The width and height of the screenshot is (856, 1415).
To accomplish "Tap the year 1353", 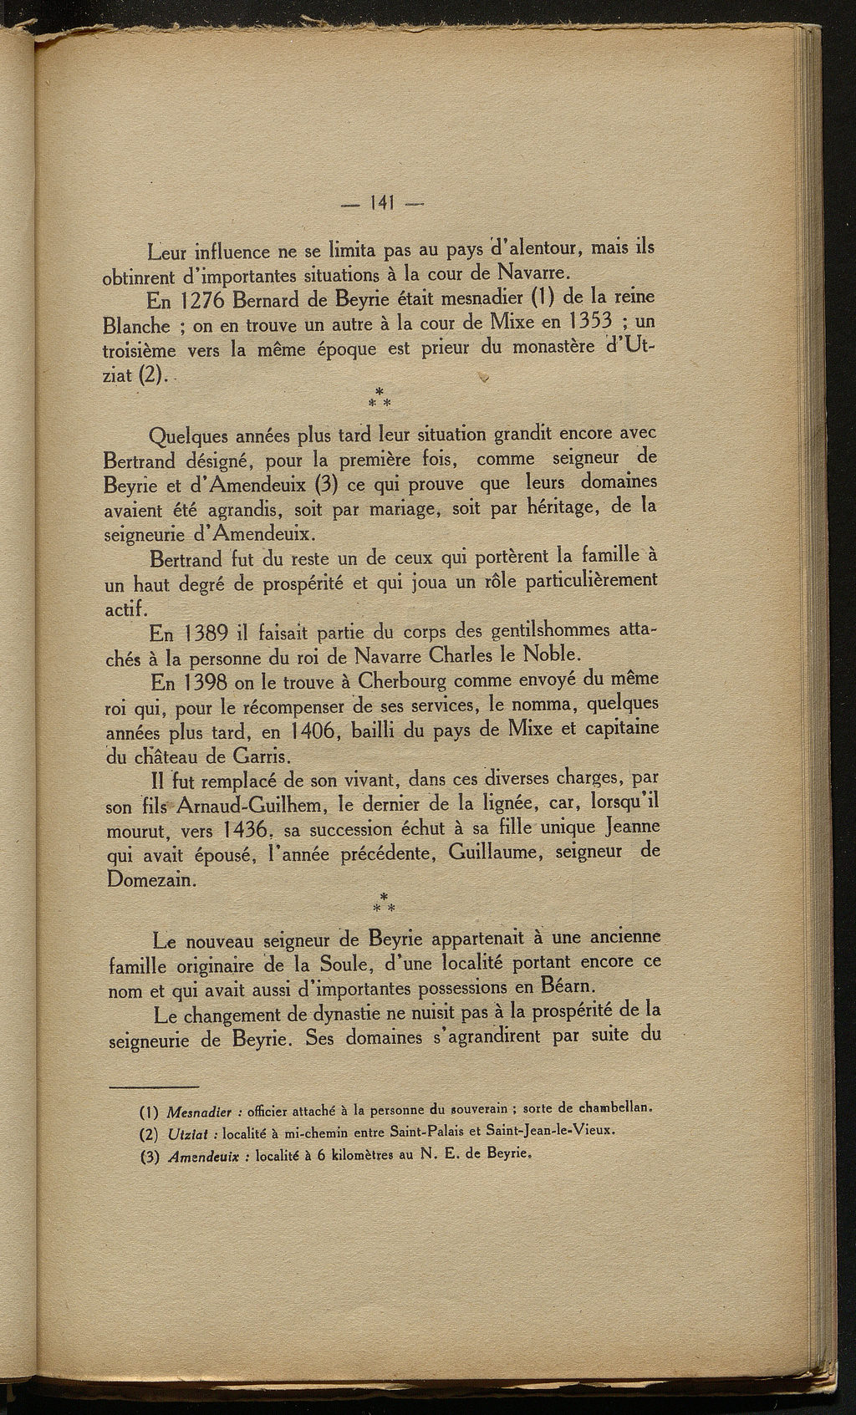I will pyautogui.click(x=587, y=323).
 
